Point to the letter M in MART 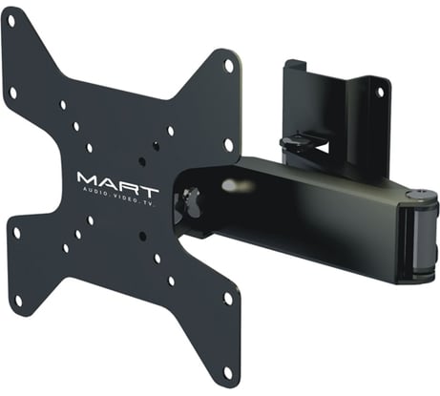tap(87, 178)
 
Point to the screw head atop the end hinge tap(418, 196)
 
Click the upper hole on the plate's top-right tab tap(228, 65)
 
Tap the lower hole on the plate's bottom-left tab tap(16, 303)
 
